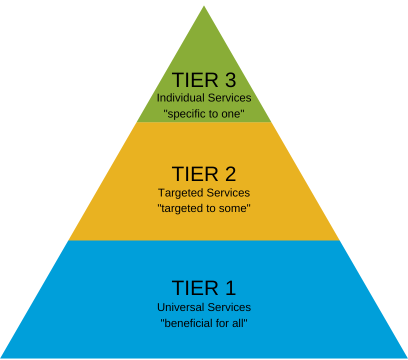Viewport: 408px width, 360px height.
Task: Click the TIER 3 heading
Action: click(204, 80)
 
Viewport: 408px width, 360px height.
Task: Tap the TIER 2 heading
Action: click(204, 174)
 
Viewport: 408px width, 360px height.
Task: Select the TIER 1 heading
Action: click(204, 288)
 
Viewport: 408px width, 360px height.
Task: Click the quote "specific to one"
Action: click(204, 114)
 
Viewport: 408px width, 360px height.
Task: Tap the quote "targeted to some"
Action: click(204, 208)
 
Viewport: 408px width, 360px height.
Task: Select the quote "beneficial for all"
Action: click(204, 323)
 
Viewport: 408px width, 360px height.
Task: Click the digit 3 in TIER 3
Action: click(229, 80)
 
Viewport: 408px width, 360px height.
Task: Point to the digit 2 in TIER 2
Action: click(229, 174)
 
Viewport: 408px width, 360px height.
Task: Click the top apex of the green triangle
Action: click(204, 7)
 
